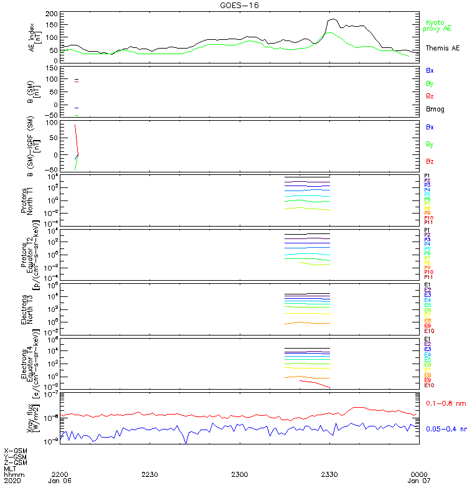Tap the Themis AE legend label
[x=443, y=48]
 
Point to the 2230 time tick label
[x=150, y=474]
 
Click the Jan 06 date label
[x=60, y=481]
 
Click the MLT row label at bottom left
[x=9, y=468]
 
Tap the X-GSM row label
[x=16, y=450]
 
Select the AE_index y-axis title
[x=35, y=36]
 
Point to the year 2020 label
[x=11, y=481]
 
